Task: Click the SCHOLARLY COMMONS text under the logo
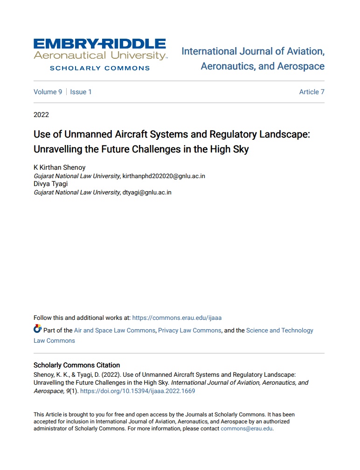pos(100,68)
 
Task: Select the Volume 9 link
pos(48,92)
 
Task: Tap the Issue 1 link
pos(81,92)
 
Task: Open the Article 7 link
pos(312,92)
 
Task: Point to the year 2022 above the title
pos(41,115)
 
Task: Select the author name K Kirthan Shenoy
pos(60,168)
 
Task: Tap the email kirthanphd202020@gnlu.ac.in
pos(164,176)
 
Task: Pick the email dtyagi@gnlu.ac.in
pos(146,192)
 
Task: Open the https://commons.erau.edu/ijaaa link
pos(177,318)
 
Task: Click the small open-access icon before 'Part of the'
pos(37,329)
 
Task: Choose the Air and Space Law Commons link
pos(114,331)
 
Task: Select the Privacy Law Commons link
pos(189,331)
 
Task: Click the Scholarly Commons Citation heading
pos(76,365)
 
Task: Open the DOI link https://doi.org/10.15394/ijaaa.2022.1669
pos(138,391)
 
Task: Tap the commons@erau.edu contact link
pos(246,429)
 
